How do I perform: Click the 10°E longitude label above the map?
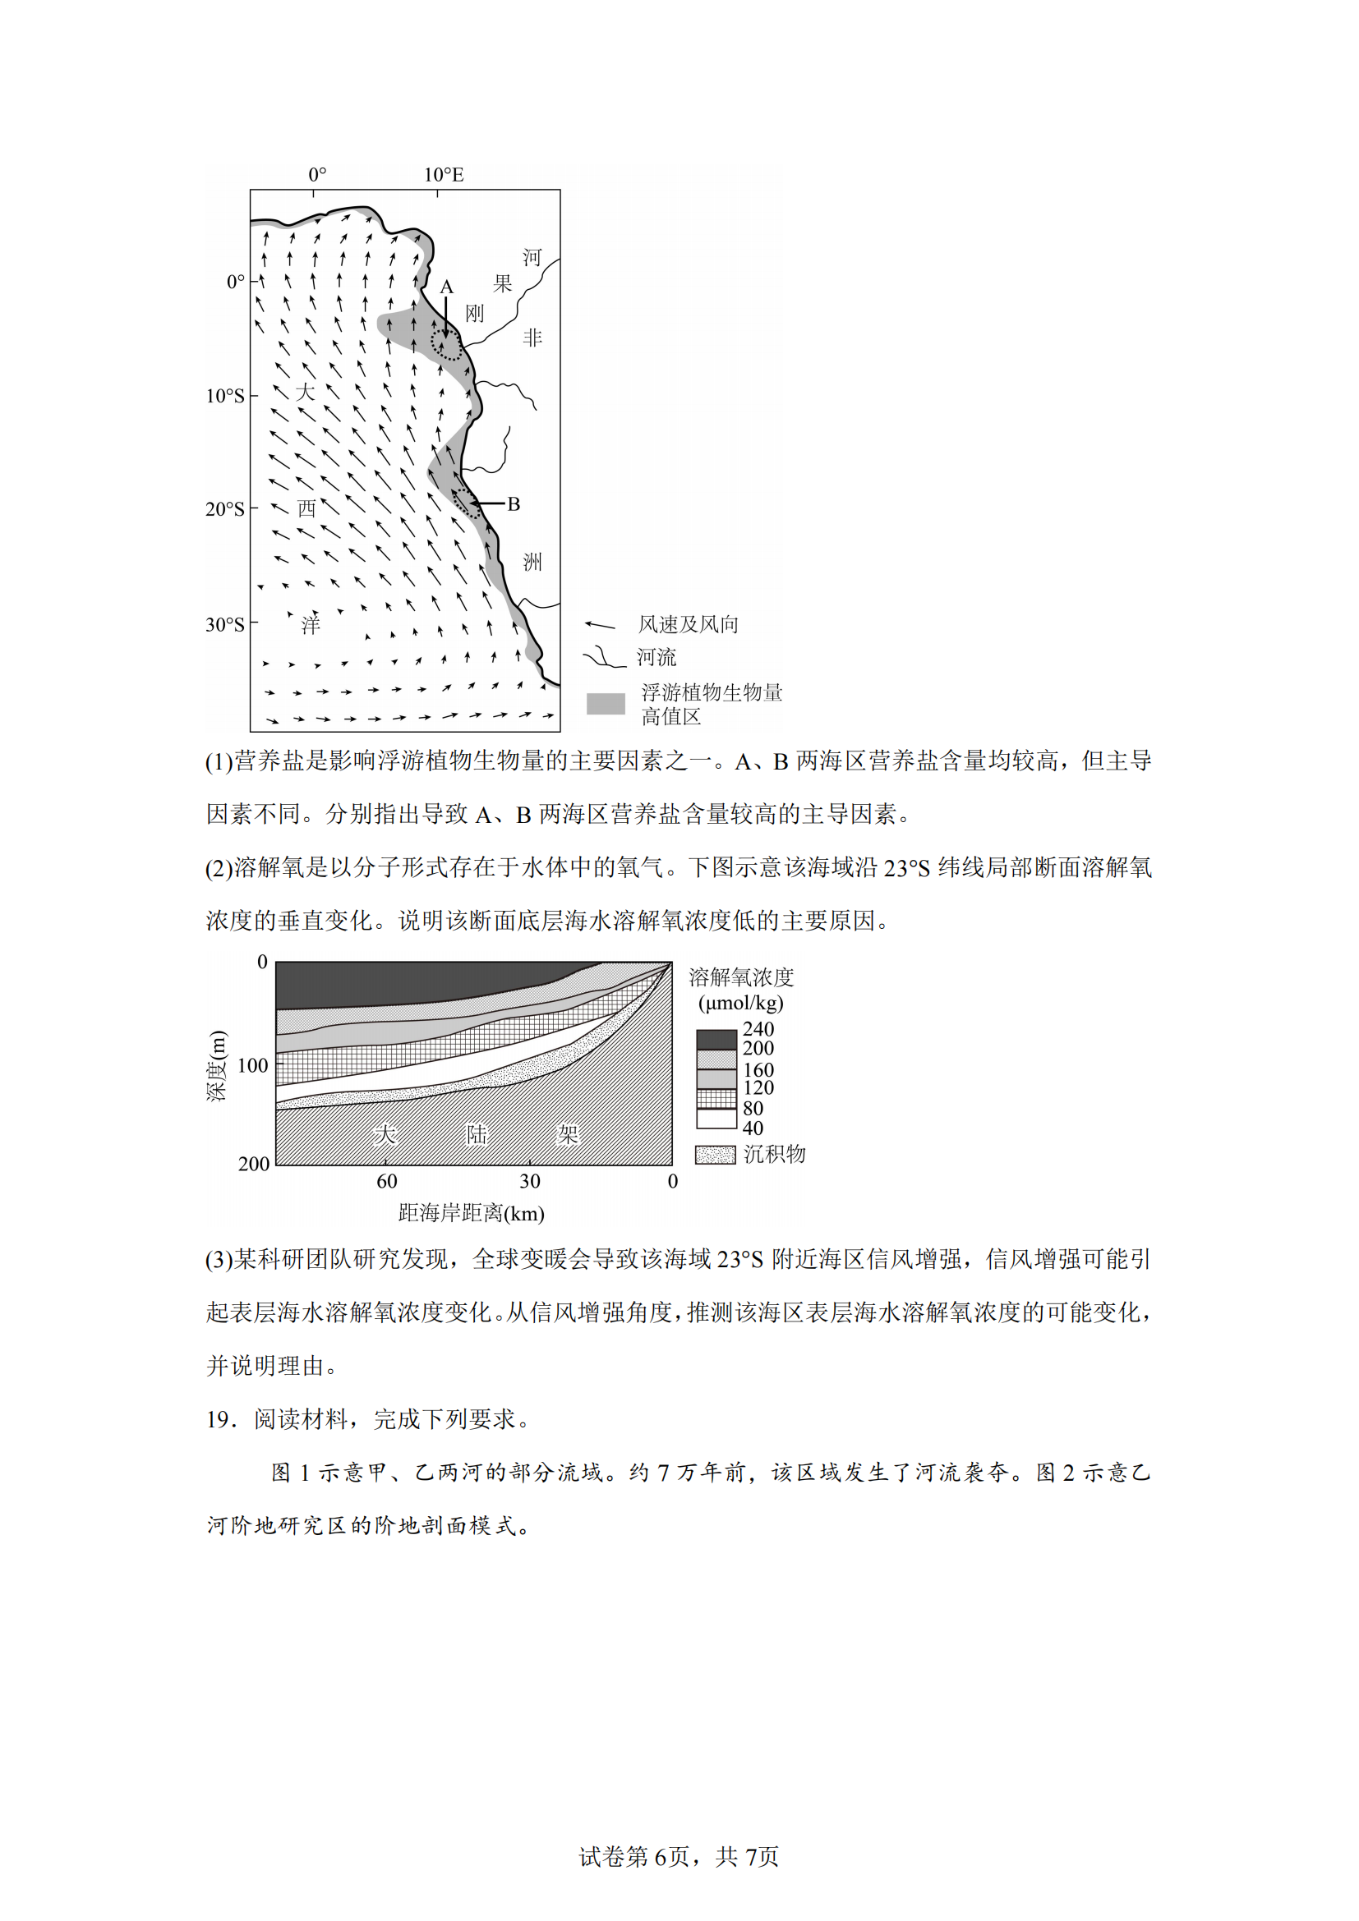[443, 175]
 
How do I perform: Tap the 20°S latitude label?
[225, 508]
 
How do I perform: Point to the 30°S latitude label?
[225, 624]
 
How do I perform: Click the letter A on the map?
[446, 287]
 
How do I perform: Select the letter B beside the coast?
[514, 503]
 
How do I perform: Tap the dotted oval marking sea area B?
[466, 503]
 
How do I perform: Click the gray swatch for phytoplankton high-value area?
[605, 704]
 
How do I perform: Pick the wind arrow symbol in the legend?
[599, 625]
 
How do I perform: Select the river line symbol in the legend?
[603, 658]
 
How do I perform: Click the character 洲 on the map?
[532, 562]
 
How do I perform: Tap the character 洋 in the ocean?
[311, 624]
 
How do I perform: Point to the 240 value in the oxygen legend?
[758, 1029]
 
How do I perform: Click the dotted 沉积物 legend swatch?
[716, 1155]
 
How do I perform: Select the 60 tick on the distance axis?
[387, 1180]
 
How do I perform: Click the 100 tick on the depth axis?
[253, 1065]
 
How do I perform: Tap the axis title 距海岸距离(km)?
[471, 1212]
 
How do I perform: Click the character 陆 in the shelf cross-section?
[477, 1133]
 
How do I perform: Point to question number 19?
[222, 1419]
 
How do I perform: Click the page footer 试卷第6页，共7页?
[679, 1857]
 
